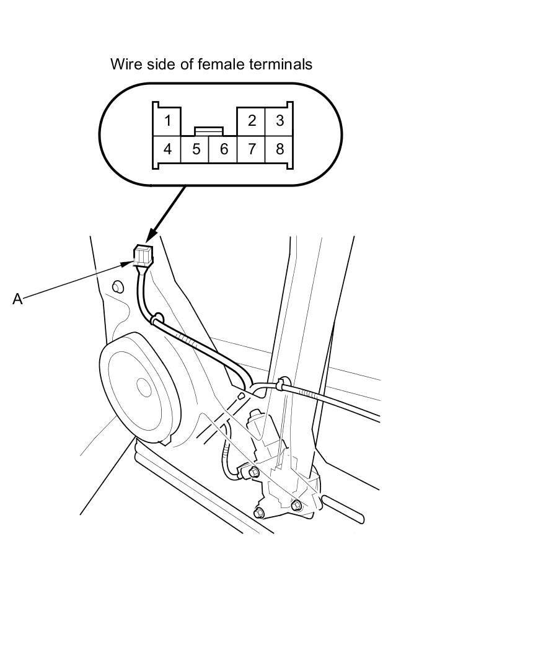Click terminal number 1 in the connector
click(x=167, y=121)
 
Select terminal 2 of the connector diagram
click(x=251, y=121)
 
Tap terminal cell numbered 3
click(x=279, y=121)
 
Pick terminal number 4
click(x=167, y=149)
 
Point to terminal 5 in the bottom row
click(x=195, y=149)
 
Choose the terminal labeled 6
click(x=223, y=149)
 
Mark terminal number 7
click(x=251, y=149)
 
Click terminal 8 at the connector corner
click(x=279, y=149)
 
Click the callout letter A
click(x=17, y=299)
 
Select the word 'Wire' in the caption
click(x=125, y=64)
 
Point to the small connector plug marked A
click(x=143, y=255)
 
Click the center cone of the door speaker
click(x=144, y=387)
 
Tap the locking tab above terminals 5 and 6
click(x=209, y=131)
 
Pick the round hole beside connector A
click(x=118, y=286)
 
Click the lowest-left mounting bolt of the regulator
click(x=259, y=512)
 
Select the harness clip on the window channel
click(x=283, y=384)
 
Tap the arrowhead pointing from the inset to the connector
click(x=152, y=235)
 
